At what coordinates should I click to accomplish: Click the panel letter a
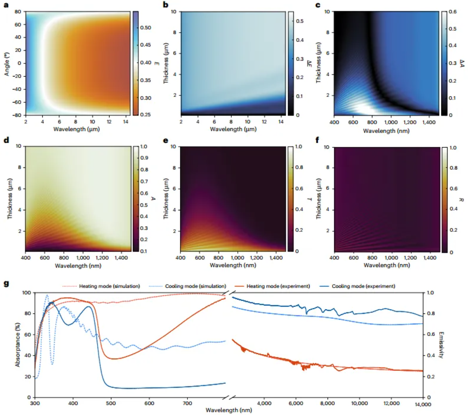click(x=6, y=5)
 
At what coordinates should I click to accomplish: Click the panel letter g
click(x=6, y=284)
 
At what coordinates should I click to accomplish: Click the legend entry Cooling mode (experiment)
click(x=363, y=286)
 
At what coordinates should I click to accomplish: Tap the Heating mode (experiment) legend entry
click(x=278, y=286)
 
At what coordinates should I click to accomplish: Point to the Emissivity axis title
click(x=441, y=345)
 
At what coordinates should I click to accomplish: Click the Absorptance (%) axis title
click(x=17, y=345)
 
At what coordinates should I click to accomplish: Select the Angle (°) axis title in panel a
click(x=7, y=64)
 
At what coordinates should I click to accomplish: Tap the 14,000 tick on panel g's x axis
click(x=423, y=404)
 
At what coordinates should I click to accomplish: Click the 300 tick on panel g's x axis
click(x=35, y=403)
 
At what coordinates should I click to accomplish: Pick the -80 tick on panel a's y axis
click(x=17, y=115)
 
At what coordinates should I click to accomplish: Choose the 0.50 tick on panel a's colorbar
click(x=146, y=28)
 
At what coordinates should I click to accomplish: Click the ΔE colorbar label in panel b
click(x=309, y=63)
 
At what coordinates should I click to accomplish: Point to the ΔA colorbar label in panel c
click(x=462, y=63)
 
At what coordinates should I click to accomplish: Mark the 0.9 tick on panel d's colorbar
click(x=144, y=158)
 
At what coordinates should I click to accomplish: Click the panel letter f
click(x=318, y=140)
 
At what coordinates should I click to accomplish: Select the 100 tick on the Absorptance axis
click(x=27, y=293)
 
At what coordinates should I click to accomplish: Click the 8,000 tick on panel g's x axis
click(x=327, y=403)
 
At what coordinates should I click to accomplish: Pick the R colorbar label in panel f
click(x=461, y=200)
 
